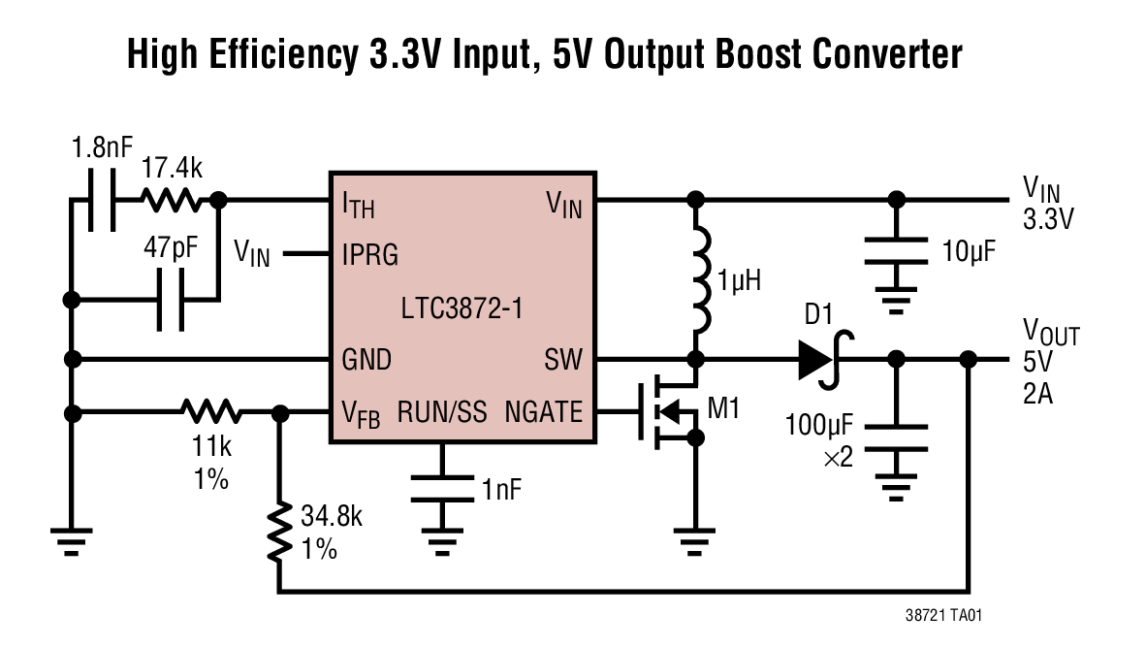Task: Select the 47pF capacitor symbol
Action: click(171, 299)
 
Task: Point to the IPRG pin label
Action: click(369, 255)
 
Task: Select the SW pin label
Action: click(564, 361)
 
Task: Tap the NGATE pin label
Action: click(543, 413)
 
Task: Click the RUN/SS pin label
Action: click(442, 413)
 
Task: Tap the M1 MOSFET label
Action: click(723, 407)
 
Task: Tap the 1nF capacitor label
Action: click(501, 488)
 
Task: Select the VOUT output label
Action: click(1051, 336)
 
